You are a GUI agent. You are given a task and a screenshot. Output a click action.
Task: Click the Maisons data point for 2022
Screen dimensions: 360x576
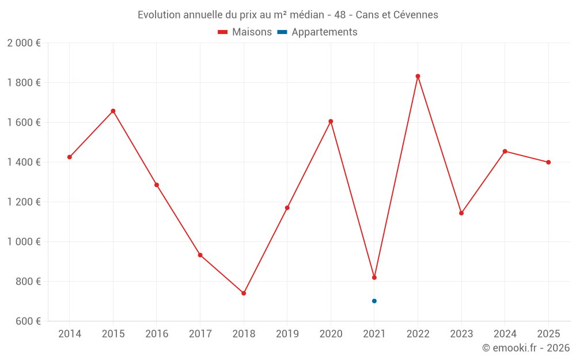(x=418, y=76)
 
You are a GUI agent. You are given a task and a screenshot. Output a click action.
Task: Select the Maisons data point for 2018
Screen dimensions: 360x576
(x=244, y=293)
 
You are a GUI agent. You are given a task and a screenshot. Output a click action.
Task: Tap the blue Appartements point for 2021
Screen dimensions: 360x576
(x=374, y=301)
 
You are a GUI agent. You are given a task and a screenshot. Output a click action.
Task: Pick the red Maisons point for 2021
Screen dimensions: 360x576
(x=374, y=278)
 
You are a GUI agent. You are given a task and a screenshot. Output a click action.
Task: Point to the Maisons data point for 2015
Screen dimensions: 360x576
(x=113, y=111)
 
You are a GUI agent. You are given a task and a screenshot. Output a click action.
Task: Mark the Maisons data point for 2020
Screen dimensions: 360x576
(x=331, y=122)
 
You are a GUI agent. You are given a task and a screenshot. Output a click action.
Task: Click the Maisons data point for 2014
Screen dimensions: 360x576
(x=70, y=157)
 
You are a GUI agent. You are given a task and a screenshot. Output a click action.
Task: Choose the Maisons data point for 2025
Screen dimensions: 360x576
(x=548, y=162)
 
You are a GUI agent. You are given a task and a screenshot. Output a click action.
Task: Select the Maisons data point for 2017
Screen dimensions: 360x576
(x=200, y=255)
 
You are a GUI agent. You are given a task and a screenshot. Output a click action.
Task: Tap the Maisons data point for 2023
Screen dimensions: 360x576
(x=461, y=213)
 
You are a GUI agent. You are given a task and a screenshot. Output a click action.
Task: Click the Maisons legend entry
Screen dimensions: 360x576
(x=245, y=32)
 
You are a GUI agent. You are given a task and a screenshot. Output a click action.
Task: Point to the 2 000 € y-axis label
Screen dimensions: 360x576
(x=24, y=43)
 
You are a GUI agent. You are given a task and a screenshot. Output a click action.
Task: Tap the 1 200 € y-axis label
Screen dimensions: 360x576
(x=24, y=202)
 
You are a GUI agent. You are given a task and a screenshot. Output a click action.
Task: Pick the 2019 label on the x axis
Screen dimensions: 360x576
(x=287, y=334)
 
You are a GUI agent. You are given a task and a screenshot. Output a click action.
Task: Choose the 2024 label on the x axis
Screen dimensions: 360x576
(x=505, y=334)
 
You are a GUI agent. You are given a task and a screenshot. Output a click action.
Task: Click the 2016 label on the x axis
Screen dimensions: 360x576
(x=157, y=334)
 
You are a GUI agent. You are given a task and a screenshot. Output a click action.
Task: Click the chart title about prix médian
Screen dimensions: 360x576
(x=287, y=15)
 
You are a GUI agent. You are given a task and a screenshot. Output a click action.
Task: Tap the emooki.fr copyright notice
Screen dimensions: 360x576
(x=525, y=348)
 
